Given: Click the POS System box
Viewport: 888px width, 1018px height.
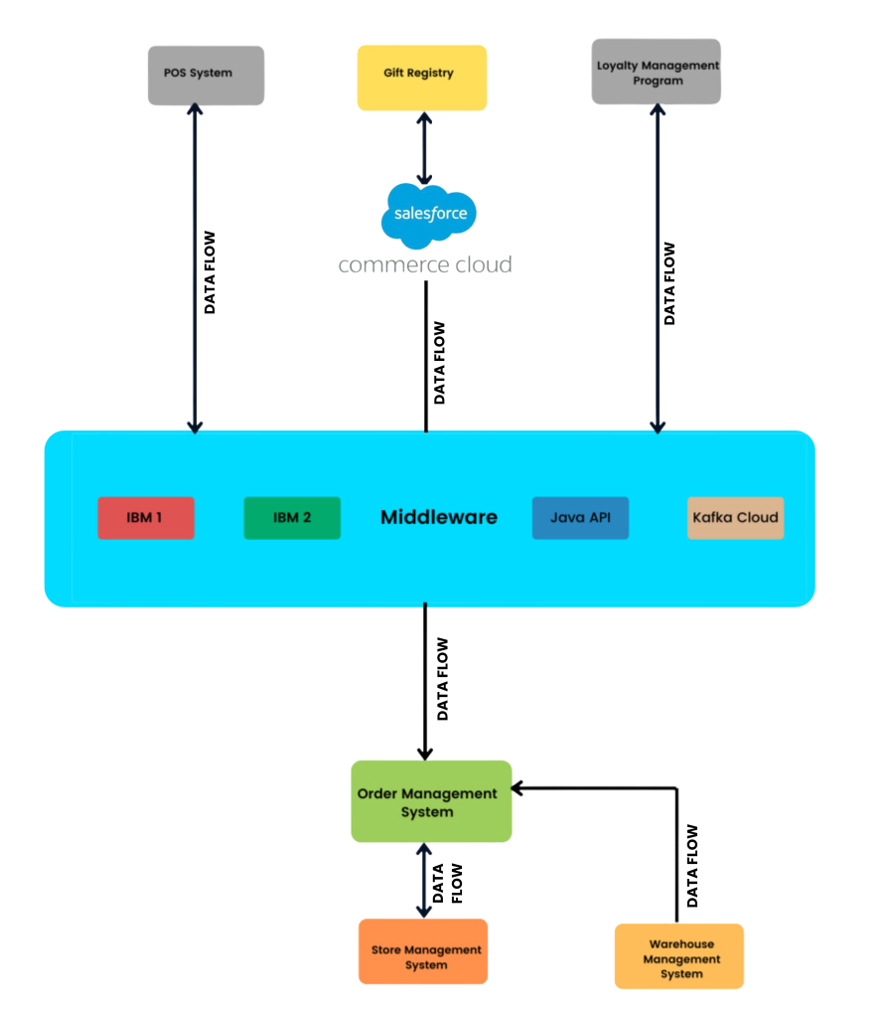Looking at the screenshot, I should (206, 75).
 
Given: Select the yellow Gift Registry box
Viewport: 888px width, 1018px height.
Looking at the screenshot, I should (422, 76).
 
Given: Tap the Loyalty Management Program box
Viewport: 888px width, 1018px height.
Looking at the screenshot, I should (657, 73).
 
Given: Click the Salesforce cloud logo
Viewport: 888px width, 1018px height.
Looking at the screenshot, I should (429, 214).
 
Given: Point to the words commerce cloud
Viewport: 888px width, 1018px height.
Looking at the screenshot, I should (425, 265).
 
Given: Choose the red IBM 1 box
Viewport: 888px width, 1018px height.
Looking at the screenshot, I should (146, 518).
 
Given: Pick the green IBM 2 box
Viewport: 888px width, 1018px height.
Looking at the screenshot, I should (292, 518).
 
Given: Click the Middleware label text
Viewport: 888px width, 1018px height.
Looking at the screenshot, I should (439, 518).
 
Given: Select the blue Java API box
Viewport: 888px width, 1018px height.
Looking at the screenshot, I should (580, 518).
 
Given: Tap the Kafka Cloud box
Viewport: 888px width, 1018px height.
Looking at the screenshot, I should (735, 518).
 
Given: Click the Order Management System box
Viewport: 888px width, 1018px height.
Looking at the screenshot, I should (431, 802).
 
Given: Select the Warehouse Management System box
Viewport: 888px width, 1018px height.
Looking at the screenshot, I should (679, 957).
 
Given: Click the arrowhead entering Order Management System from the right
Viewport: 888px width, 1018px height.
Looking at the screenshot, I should (519, 789).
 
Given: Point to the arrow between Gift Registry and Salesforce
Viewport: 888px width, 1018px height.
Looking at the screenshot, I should (424, 148).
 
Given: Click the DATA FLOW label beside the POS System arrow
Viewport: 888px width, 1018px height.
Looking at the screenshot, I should (211, 264).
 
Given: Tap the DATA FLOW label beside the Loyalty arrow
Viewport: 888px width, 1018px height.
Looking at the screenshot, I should (670, 280).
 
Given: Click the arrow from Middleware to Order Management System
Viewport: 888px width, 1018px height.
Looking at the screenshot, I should (425, 686).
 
